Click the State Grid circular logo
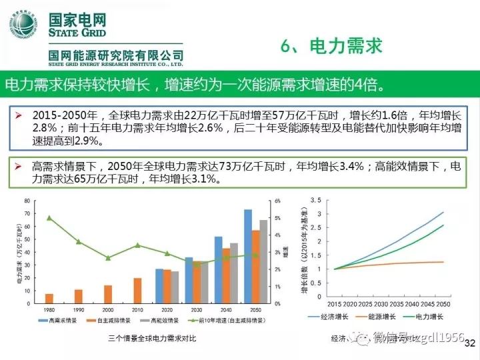tap(23, 25)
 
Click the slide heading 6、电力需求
tap(331, 46)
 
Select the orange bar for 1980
tap(49, 298)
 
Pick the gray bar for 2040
tap(234, 273)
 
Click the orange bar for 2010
tap(137, 290)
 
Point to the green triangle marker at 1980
tap(49, 218)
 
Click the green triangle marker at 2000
tap(108, 257)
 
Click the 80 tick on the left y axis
tap(27, 201)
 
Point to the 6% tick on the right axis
tap(278, 201)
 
